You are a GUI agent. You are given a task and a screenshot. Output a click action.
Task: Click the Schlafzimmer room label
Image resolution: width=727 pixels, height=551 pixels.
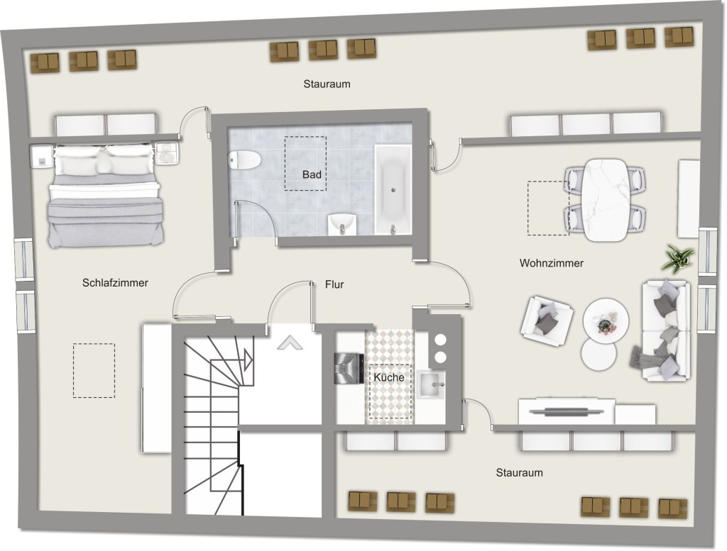[115, 282]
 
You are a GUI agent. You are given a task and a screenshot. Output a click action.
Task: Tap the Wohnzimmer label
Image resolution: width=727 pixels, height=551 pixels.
[551, 263]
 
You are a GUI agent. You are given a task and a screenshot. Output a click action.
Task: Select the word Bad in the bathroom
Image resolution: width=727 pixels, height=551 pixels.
[312, 174]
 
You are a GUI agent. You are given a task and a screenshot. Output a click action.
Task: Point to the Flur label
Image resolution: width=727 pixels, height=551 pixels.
[334, 284]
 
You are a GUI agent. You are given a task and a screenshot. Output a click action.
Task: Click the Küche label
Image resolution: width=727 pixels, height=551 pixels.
[388, 377]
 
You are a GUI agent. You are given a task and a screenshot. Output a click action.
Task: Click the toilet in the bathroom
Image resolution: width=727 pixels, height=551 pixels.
[245, 160]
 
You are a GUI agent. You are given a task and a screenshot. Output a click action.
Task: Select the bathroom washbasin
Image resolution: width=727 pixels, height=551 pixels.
[342, 225]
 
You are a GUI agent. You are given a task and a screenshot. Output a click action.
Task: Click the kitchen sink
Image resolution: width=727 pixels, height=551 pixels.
[430, 384]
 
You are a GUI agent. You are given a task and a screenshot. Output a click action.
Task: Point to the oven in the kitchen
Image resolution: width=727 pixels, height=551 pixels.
[349, 369]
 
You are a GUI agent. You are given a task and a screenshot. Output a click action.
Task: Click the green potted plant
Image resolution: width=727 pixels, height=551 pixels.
[677, 259]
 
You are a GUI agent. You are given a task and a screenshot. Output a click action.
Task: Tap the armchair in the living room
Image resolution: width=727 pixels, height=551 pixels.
[547, 316]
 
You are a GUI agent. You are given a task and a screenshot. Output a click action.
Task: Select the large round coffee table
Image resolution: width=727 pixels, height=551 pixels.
[606, 320]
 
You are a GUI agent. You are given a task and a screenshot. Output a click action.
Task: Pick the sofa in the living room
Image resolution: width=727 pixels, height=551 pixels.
[666, 330]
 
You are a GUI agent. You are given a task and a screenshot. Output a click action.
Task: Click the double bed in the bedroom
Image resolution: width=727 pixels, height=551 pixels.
[106, 196]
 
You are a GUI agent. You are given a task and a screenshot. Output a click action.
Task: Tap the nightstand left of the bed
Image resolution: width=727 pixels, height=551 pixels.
[42, 157]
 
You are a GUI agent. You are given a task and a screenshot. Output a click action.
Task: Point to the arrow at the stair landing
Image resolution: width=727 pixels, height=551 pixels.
[290, 343]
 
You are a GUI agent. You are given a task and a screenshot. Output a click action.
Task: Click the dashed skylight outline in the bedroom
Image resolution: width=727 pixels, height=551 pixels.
[94, 370]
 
